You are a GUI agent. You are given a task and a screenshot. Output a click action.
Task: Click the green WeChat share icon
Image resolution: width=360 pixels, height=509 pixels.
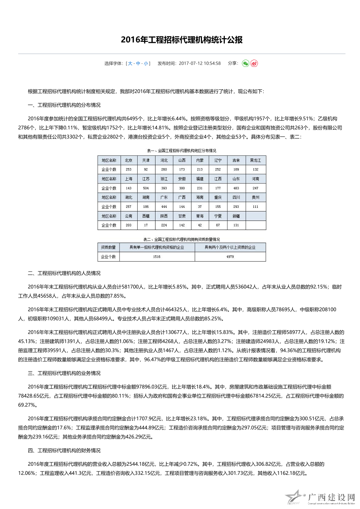point(246,64)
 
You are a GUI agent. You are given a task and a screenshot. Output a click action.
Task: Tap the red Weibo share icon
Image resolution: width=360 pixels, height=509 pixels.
point(254,64)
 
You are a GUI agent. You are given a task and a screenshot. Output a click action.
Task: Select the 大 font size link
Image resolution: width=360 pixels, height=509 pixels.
point(130,64)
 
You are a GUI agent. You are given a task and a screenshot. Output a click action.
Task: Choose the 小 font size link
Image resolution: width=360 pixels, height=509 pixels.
point(146,64)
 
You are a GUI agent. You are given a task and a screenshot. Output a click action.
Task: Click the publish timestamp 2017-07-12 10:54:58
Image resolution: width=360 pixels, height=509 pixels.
point(199,64)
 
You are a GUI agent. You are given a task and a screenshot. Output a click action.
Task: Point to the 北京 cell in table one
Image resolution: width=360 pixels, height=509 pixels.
point(129,160)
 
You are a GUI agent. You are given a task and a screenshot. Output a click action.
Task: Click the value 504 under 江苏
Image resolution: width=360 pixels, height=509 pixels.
point(146,188)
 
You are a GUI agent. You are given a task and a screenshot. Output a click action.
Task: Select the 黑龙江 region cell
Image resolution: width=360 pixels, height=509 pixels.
point(255,160)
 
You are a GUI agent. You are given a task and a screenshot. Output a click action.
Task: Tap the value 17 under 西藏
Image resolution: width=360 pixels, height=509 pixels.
point(146,225)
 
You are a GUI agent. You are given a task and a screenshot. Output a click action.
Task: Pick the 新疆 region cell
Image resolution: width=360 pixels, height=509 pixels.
point(236,216)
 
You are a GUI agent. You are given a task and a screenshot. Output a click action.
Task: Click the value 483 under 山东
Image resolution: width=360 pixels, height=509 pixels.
point(236,188)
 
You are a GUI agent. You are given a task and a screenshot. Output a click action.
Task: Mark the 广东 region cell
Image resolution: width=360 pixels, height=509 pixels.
point(164,197)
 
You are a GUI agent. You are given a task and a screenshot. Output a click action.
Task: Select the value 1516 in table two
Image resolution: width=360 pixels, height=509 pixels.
point(157,256)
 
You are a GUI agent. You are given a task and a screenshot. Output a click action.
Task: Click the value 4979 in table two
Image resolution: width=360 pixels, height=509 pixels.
point(230,256)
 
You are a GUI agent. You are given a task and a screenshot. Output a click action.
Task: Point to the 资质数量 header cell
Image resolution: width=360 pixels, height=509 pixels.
point(108,247)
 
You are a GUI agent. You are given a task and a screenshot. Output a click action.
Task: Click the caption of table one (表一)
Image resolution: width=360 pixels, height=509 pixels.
point(181,151)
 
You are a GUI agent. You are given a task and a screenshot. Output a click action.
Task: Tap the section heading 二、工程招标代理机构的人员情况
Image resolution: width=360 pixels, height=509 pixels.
point(64,273)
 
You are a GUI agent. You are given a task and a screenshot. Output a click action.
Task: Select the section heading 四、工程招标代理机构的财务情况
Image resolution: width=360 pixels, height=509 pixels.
point(64,451)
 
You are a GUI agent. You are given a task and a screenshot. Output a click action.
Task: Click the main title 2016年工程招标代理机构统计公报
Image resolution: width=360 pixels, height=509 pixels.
point(182,40)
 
